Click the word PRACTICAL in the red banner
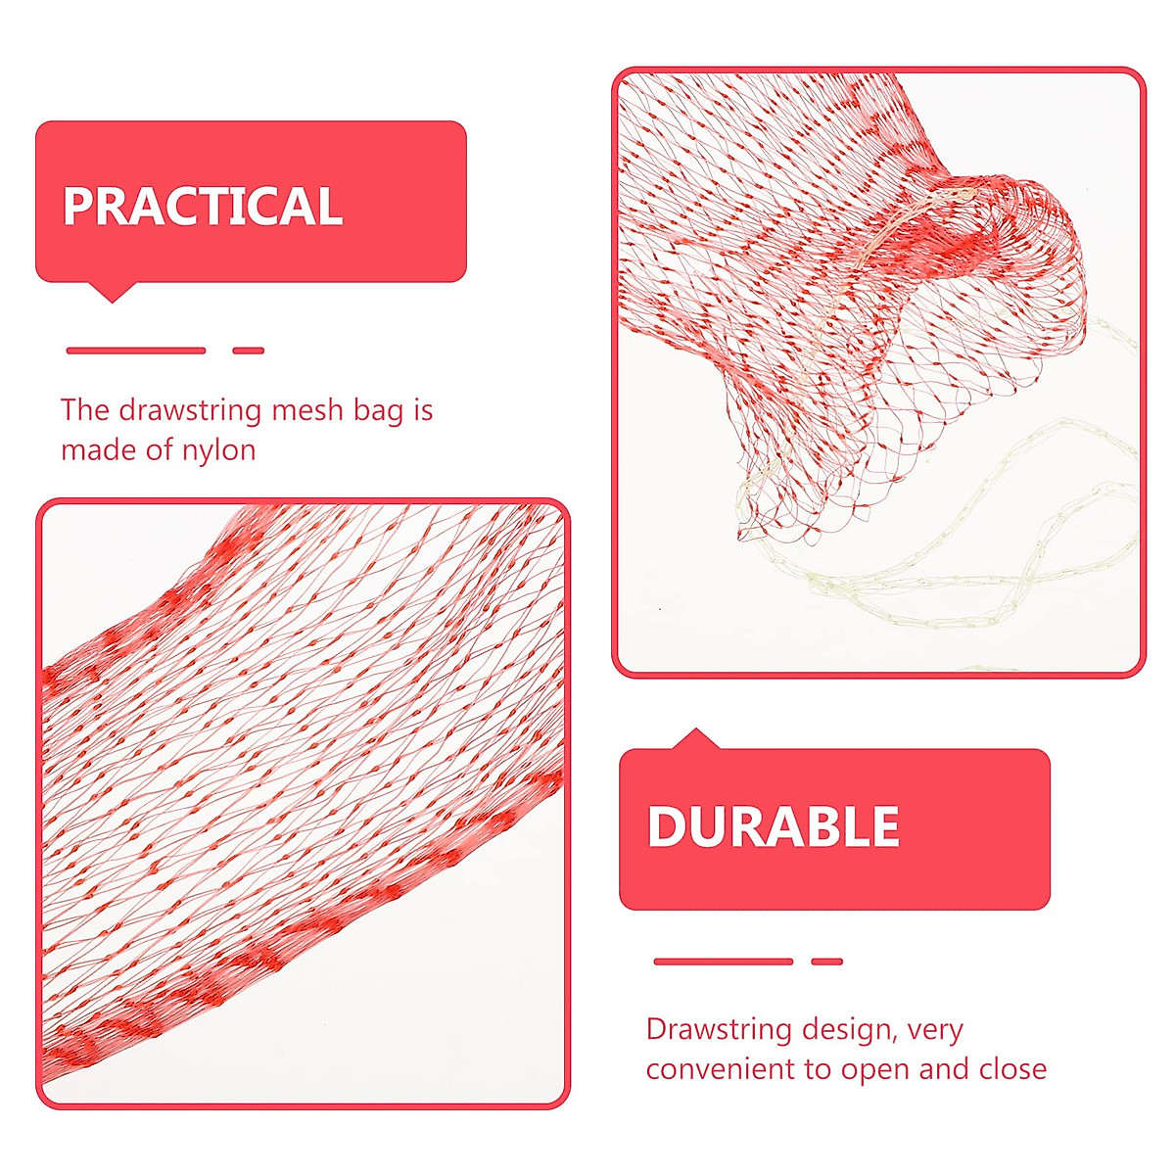(203, 206)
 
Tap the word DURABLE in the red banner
(773, 826)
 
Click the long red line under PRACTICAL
(135, 351)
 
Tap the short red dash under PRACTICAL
(249, 351)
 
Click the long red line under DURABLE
(723, 962)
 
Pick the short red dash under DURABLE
(827, 962)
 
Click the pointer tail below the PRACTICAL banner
(112, 292)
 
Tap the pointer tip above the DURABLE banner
(696, 737)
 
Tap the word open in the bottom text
(876, 1070)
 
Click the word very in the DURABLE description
(935, 1031)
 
